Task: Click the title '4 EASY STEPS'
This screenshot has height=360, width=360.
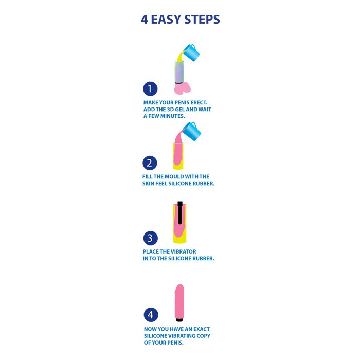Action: pos(180,20)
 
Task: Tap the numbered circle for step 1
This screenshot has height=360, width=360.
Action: pos(150,88)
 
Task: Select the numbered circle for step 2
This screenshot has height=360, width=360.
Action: pos(150,163)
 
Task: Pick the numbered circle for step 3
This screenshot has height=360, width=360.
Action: pos(150,238)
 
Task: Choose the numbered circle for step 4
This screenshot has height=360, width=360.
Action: pos(151,315)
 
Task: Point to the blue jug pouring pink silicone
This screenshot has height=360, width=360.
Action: pos(192,131)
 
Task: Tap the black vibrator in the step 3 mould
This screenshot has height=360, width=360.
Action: pos(180,213)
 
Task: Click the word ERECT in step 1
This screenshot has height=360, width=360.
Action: pos(199,103)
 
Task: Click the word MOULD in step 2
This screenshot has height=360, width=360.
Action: pos(169,177)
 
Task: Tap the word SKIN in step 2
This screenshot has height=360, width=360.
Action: pos(148,184)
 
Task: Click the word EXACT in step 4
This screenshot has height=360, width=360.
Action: pos(202,329)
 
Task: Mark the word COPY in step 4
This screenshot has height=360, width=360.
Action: pos(204,336)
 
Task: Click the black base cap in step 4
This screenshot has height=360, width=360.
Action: pos(179,319)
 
